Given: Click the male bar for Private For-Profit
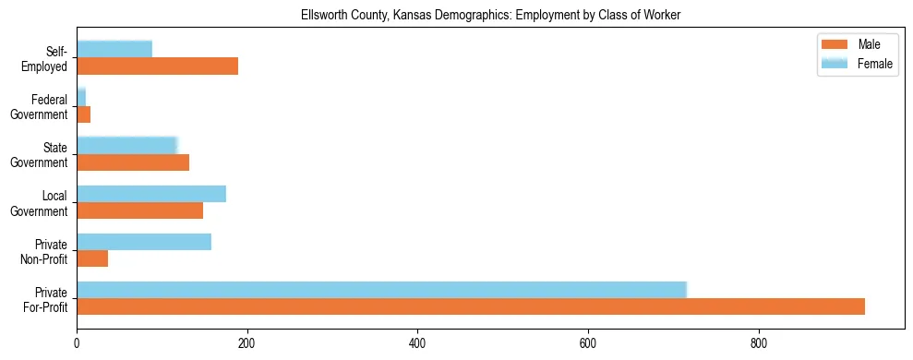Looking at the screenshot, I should click(471, 306).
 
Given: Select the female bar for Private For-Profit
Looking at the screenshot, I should click(381, 290).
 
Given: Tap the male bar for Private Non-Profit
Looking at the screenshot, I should click(92, 258).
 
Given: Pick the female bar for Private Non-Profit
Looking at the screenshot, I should click(144, 242).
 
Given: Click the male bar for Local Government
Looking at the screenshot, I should click(139, 210).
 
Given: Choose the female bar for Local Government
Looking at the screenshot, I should click(151, 194).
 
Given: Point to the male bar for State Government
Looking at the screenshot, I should click(133, 162).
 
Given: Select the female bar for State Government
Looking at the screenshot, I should click(126, 146).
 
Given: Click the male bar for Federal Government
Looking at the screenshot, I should click(83, 114).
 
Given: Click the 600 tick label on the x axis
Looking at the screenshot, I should click(588, 343).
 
